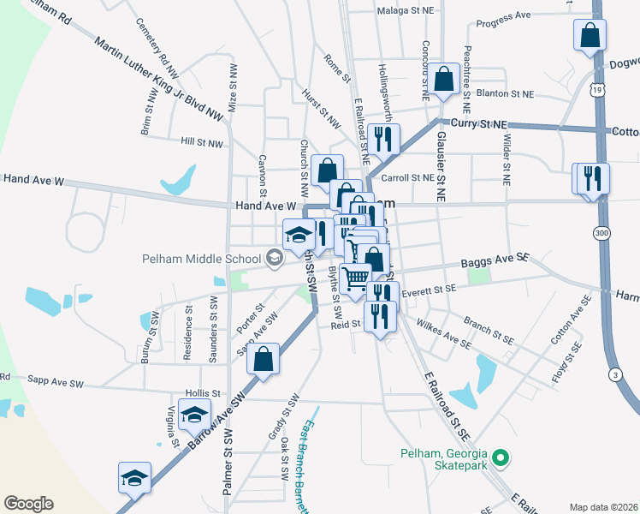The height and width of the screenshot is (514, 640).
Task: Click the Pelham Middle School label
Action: [x=202, y=258]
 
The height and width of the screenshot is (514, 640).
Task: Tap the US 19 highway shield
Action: [x=596, y=89]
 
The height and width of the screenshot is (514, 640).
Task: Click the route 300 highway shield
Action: [x=602, y=232]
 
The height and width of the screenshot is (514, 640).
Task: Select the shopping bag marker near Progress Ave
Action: [x=590, y=35]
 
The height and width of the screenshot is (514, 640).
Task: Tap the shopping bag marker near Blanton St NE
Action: [x=444, y=78]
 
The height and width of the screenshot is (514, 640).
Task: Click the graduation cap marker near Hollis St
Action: [x=195, y=415]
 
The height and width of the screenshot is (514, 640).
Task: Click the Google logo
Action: [x=29, y=504]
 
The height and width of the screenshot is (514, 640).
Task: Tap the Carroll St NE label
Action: [x=408, y=178]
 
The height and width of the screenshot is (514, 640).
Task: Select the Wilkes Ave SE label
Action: [x=442, y=333]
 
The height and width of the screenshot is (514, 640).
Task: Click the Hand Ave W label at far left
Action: [x=34, y=179]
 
